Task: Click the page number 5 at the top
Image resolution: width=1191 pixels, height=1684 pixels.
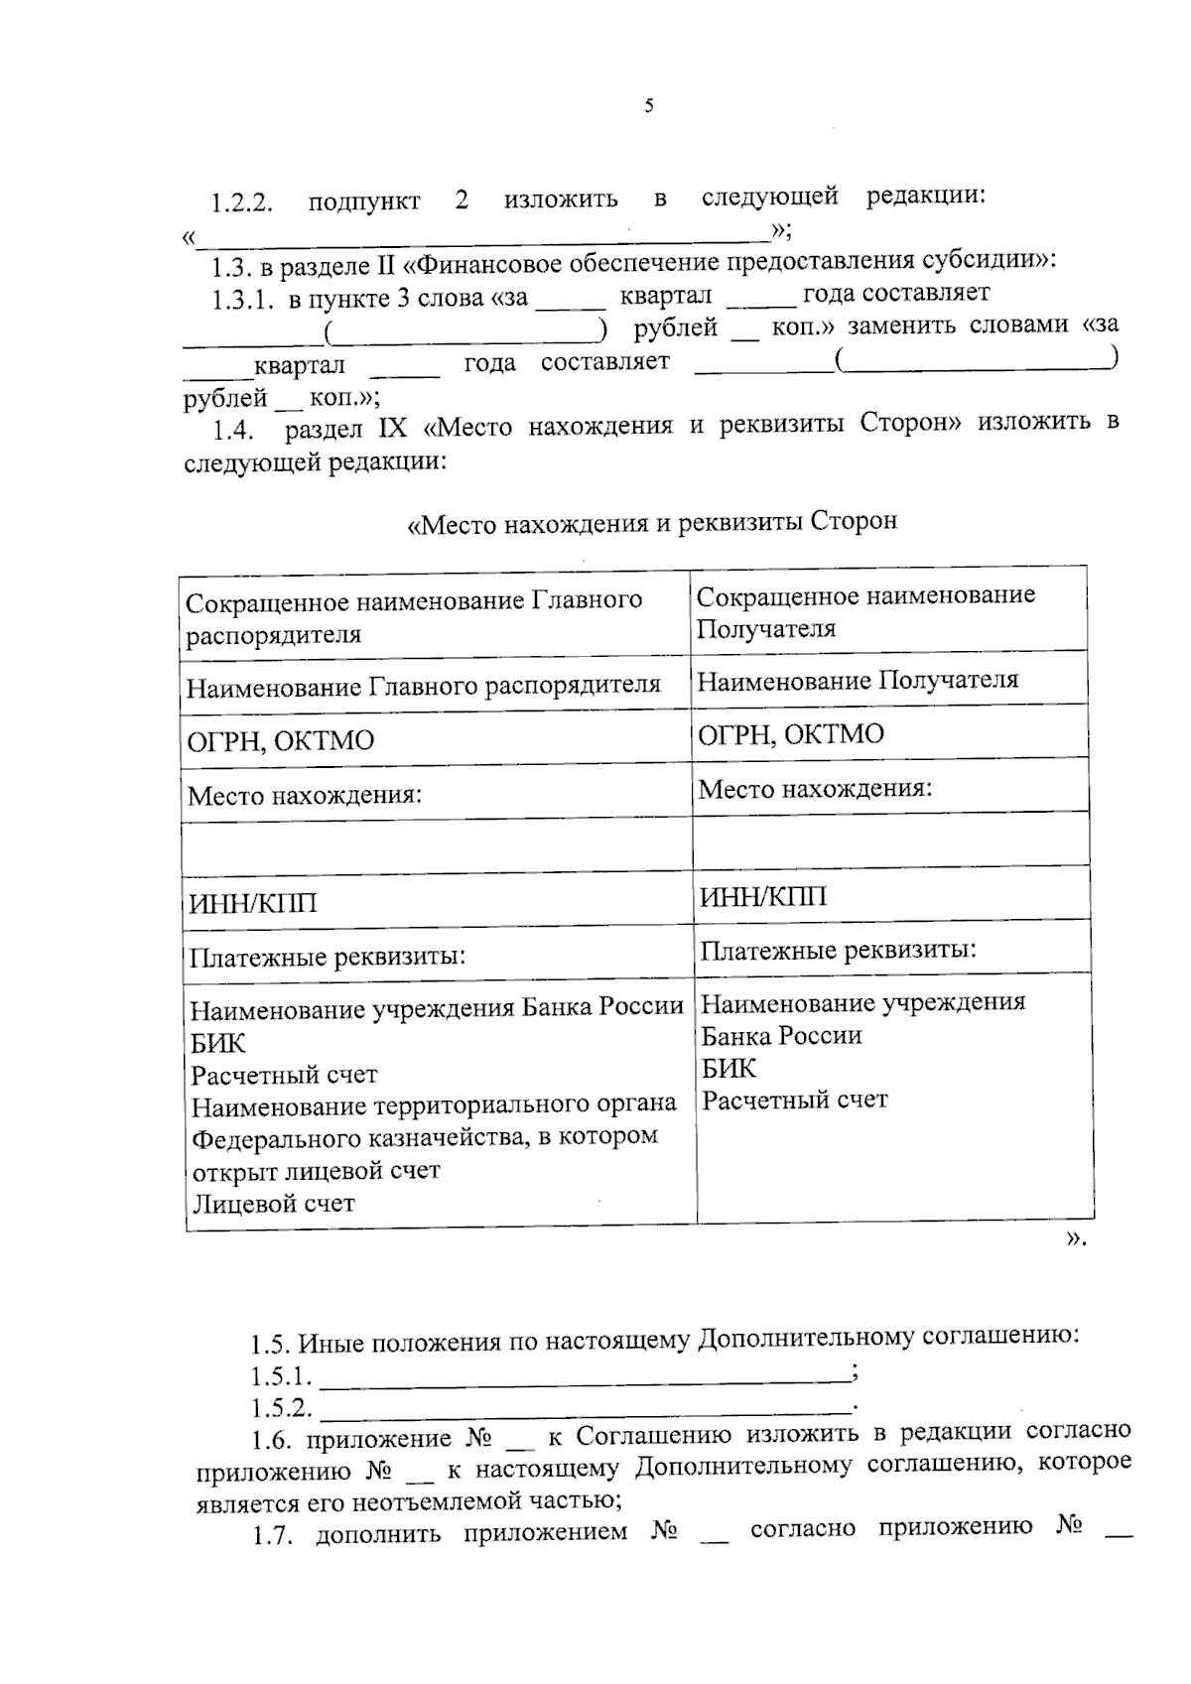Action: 648,106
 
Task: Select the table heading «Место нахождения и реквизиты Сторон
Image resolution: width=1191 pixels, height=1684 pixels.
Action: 652,522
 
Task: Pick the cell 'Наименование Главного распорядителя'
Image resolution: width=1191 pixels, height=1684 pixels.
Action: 424,686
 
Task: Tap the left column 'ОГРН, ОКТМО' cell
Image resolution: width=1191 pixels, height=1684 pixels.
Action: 281,740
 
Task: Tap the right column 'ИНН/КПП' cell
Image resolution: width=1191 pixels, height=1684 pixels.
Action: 762,897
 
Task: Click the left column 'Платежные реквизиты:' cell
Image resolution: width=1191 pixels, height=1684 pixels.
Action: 328,958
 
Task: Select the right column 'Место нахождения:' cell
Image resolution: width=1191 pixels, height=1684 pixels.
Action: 815,789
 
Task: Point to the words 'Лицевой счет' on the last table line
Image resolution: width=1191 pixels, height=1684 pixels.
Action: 273,1204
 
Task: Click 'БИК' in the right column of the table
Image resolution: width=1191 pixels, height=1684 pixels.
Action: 728,1068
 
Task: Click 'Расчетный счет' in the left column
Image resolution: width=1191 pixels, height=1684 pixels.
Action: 284,1075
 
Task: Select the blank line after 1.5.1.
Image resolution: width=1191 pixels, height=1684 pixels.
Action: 586,1378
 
